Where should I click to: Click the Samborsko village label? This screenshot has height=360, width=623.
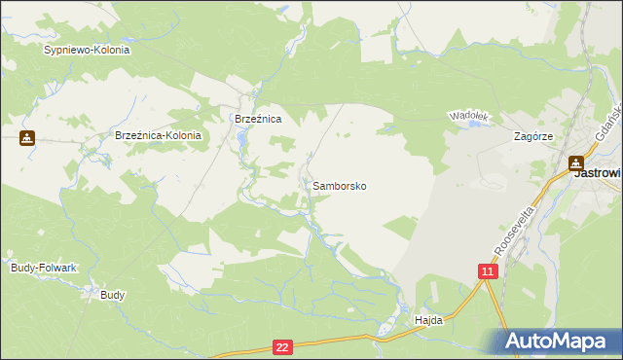pos(340,185)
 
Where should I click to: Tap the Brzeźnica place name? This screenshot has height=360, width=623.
pos(258,118)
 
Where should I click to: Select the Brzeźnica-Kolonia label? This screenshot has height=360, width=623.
pos(158,136)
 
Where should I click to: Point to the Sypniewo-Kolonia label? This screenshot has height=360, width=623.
pos(87,49)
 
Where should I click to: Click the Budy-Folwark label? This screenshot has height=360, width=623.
pos(43,267)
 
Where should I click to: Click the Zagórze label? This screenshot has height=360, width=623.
pos(533,137)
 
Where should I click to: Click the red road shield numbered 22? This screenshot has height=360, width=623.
pos(282,346)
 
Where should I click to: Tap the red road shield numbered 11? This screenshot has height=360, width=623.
pos(488,271)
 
